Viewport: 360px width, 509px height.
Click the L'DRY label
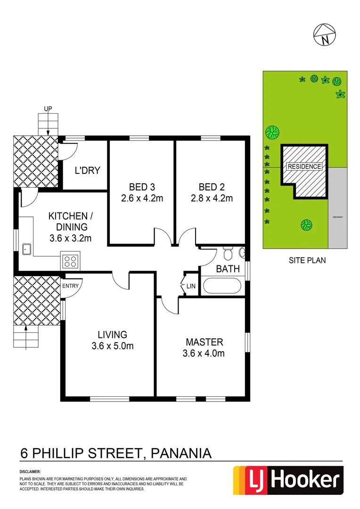[88, 170]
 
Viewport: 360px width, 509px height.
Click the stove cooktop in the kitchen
[70, 261]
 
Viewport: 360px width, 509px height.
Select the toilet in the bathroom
[228, 253]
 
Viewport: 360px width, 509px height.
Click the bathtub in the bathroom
[221, 286]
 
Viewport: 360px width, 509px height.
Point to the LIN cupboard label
[191, 286]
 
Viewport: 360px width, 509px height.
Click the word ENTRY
[71, 285]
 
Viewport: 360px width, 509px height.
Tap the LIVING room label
[112, 335]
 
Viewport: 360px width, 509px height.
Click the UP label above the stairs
[48, 108]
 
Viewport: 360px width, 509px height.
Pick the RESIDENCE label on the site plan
[304, 166]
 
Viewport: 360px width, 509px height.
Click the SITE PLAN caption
[307, 260]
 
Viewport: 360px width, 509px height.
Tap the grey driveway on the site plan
[337, 207]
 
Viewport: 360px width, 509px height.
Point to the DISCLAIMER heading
[30, 471]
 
